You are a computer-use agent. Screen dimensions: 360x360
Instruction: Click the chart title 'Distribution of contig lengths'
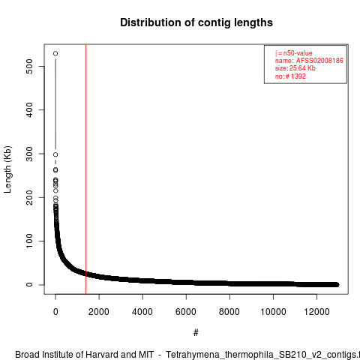196,22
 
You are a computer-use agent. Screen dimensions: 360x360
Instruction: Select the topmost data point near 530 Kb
55,53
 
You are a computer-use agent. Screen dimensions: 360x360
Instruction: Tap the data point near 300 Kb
55,154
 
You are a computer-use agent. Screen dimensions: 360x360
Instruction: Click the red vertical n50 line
85,169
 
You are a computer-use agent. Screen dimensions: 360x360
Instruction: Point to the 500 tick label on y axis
29,66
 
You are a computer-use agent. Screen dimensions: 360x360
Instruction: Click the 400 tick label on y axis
29,109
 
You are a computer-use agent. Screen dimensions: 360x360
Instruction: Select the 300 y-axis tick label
29,154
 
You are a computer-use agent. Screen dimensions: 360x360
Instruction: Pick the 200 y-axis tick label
29,197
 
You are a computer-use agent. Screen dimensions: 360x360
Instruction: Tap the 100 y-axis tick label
29,241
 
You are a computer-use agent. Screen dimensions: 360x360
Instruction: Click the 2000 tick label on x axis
99,312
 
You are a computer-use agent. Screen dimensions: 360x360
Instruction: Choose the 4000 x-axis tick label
142,312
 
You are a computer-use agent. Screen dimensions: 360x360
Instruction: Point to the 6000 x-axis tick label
186,312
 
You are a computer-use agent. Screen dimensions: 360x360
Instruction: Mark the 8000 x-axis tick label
229,312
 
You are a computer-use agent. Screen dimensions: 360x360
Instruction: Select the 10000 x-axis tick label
273,312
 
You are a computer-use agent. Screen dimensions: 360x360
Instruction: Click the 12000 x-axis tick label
316,312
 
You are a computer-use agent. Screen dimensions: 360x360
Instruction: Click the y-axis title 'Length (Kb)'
7,169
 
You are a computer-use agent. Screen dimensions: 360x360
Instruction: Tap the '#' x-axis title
196,333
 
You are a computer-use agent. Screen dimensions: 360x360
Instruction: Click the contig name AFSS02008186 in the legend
319,61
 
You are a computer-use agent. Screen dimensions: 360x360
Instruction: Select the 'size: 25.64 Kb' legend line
295,68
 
